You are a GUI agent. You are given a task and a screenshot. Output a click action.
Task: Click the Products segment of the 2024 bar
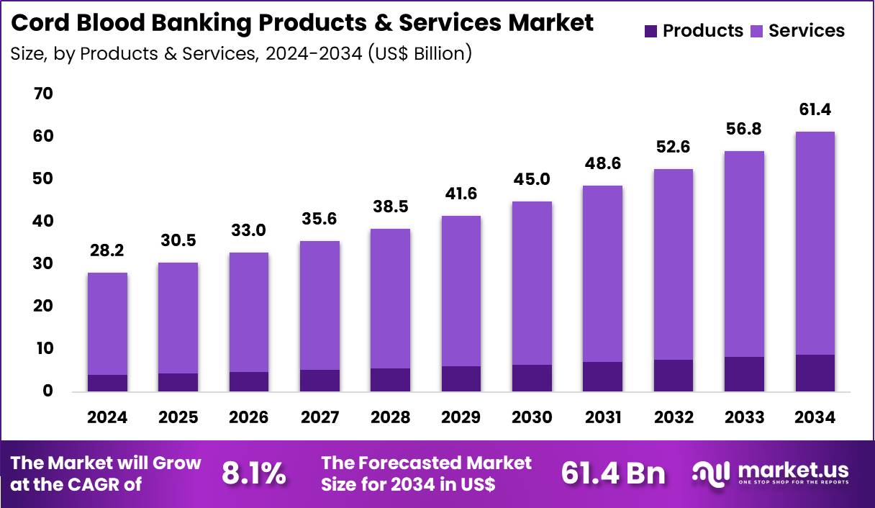click(x=107, y=383)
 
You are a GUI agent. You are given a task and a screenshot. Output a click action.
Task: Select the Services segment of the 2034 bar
click(x=815, y=243)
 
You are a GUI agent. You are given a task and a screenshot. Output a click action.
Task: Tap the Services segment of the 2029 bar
click(x=461, y=291)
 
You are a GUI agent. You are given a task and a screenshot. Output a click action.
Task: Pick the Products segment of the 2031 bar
click(x=603, y=376)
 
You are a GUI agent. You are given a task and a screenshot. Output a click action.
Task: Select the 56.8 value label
click(x=744, y=128)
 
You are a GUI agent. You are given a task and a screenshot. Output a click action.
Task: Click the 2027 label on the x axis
click(x=319, y=417)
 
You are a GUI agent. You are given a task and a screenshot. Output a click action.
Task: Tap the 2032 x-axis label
click(x=674, y=417)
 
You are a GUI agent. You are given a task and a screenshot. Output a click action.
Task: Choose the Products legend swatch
click(x=650, y=31)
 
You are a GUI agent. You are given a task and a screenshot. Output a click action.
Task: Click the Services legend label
click(x=806, y=31)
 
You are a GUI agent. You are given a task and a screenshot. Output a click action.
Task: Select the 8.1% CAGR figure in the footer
click(x=253, y=473)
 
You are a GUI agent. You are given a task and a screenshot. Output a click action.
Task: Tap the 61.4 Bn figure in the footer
click(x=613, y=473)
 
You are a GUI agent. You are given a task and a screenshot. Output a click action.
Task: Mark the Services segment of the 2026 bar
click(x=249, y=312)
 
